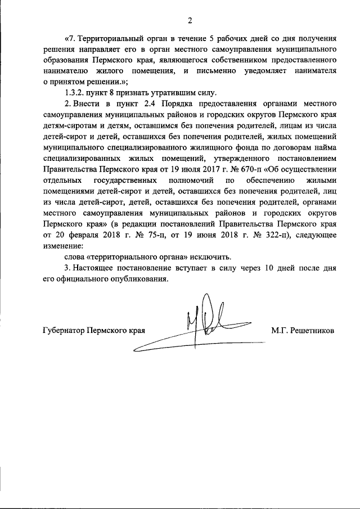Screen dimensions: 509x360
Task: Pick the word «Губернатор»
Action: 64,331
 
